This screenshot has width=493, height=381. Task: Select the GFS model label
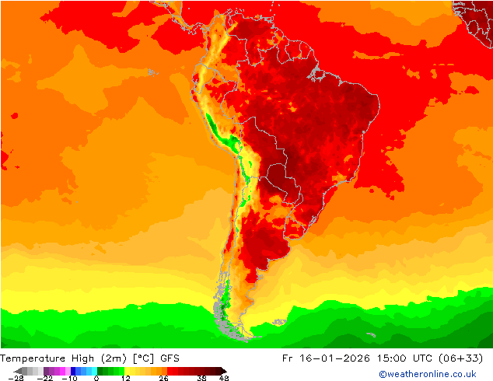pos(170,358)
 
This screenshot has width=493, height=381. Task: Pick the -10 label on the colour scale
pos(69,378)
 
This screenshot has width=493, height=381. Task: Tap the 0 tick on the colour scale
pos(96,378)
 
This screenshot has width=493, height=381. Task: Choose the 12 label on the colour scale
pos(125,378)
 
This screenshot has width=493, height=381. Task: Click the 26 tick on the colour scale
pos(163,378)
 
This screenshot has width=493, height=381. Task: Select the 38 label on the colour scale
pos(202,378)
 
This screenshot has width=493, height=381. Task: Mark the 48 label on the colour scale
pos(224,378)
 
